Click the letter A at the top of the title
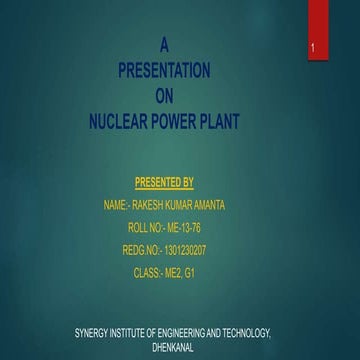pos(164,45)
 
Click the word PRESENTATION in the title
pos(164,71)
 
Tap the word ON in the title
pos(164,97)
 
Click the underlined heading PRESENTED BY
pos(164,182)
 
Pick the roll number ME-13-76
pos(179,228)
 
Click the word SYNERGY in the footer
pos(96,329)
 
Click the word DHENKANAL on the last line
pos(173,342)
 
